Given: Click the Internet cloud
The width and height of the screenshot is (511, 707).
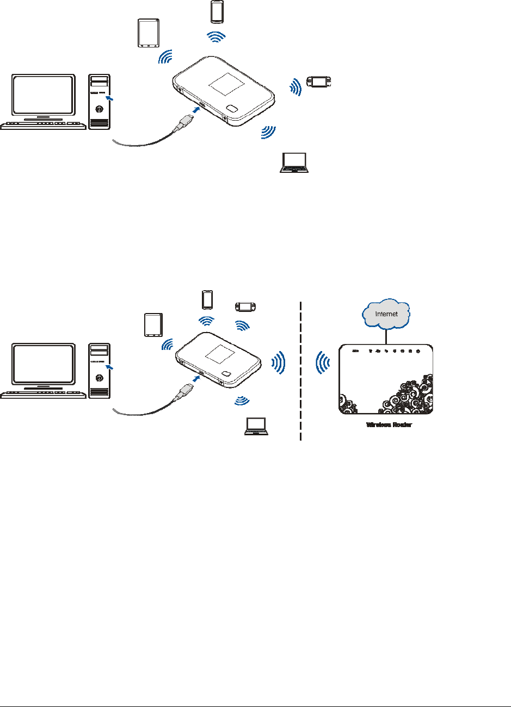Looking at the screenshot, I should pos(386,314).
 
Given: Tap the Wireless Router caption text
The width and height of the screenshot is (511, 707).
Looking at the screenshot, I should pos(389,425).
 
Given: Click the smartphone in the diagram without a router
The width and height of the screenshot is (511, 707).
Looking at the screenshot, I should pos(217,12).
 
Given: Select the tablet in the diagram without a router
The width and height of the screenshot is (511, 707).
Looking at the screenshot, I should pos(148,34).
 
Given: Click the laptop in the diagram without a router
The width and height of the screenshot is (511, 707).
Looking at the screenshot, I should pos(294,162).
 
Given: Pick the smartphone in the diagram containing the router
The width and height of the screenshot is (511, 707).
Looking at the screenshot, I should pos(207,299).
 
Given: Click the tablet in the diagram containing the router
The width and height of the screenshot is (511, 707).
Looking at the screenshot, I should pos(153,326).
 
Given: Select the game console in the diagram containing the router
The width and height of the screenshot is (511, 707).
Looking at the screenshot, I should pos(245,307).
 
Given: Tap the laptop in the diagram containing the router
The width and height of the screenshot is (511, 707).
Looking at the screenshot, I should pos(257,427).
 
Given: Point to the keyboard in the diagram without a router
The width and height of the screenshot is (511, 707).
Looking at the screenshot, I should pos(44,125).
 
